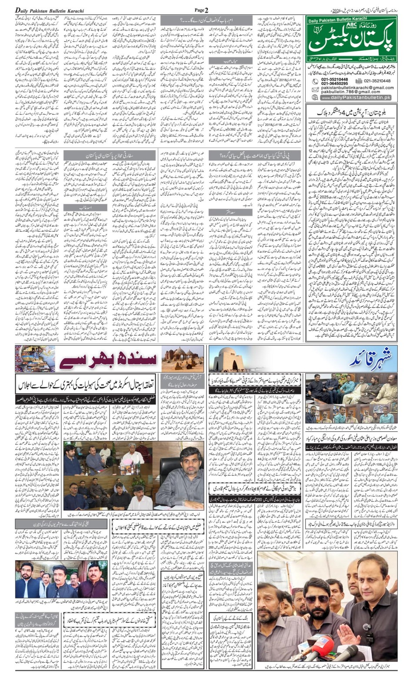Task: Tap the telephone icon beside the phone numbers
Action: [x=315, y=81]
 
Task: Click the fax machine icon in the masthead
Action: [x=359, y=81]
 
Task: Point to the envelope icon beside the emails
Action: [x=315, y=89]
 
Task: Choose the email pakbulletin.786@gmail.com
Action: [x=351, y=92]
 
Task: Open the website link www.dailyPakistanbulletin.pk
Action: [x=356, y=98]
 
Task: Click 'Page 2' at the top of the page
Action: [x=201, y=10]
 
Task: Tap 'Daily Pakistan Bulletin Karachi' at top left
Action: [x=50, y=10]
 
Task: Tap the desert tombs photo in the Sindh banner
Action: [x=183, y=359]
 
